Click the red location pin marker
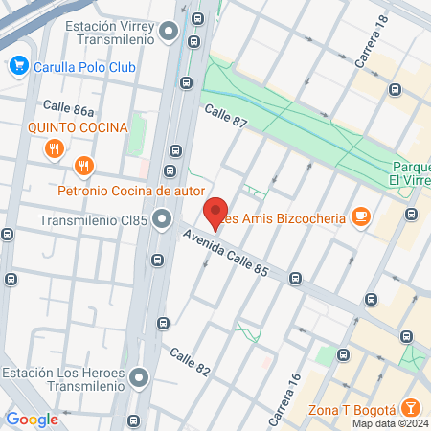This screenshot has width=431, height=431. tap(215, 213)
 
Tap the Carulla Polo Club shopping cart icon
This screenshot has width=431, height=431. tap(18, 66)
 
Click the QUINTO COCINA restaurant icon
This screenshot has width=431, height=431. tap(54, 148)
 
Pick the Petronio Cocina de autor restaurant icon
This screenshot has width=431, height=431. tap(85, 166)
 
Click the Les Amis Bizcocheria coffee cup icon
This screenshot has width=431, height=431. tap(361, 216)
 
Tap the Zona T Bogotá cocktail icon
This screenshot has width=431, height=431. tap(409, 409)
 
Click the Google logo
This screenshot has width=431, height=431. tap(32, 419)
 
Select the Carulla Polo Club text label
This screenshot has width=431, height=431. tap(84, 67)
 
